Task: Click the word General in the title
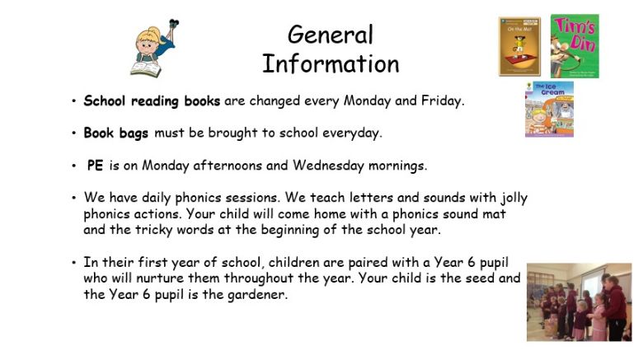point(331,35)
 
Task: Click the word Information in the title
point(331,64)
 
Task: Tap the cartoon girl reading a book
point(155,49)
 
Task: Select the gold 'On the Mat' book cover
point(519,46)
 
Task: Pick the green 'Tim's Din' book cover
point(575,46)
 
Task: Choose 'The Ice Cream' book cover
point(550,109)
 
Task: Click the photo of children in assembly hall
point(579,302)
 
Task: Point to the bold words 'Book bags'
point(115,133)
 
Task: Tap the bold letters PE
point(95,166)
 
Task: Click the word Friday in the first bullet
point(443,101)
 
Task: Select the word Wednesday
point(328,166)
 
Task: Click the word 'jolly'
point(514,198)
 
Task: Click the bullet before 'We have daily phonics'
point(74,198)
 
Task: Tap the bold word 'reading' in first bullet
point(155,101)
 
